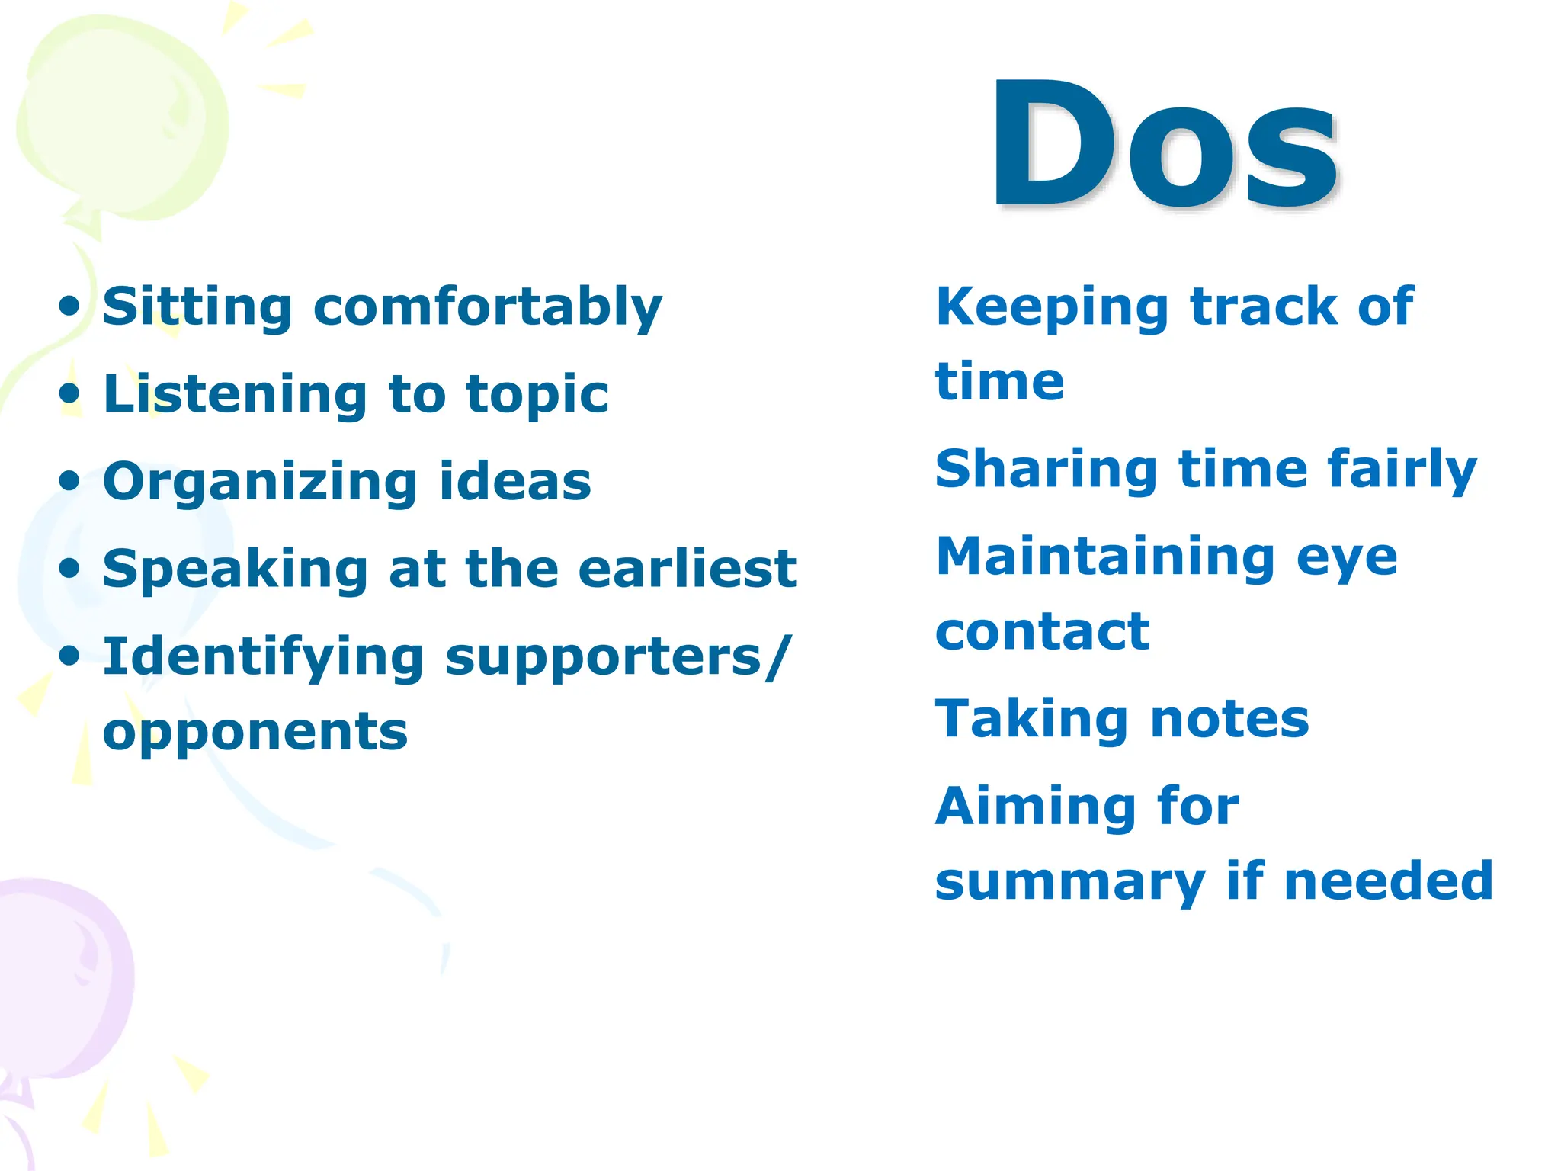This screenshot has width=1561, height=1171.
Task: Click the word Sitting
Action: [197, 306]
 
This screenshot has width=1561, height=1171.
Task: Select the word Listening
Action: [236, 395]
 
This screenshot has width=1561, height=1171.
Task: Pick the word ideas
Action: [515, 482]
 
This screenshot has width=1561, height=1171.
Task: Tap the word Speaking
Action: [236, 570]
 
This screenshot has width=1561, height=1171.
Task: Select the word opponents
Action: [255, 732]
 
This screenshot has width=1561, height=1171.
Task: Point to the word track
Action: [1265, 306]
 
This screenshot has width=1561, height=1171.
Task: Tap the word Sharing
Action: [1047, 470]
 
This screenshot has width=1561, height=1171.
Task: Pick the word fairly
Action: [1402, 470]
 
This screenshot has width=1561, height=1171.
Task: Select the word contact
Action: [1042, 632]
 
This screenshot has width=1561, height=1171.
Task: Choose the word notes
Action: [1229, 720]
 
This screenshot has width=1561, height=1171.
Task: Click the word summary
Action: [1070, 883]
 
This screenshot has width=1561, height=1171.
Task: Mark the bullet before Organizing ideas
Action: [69, 482]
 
